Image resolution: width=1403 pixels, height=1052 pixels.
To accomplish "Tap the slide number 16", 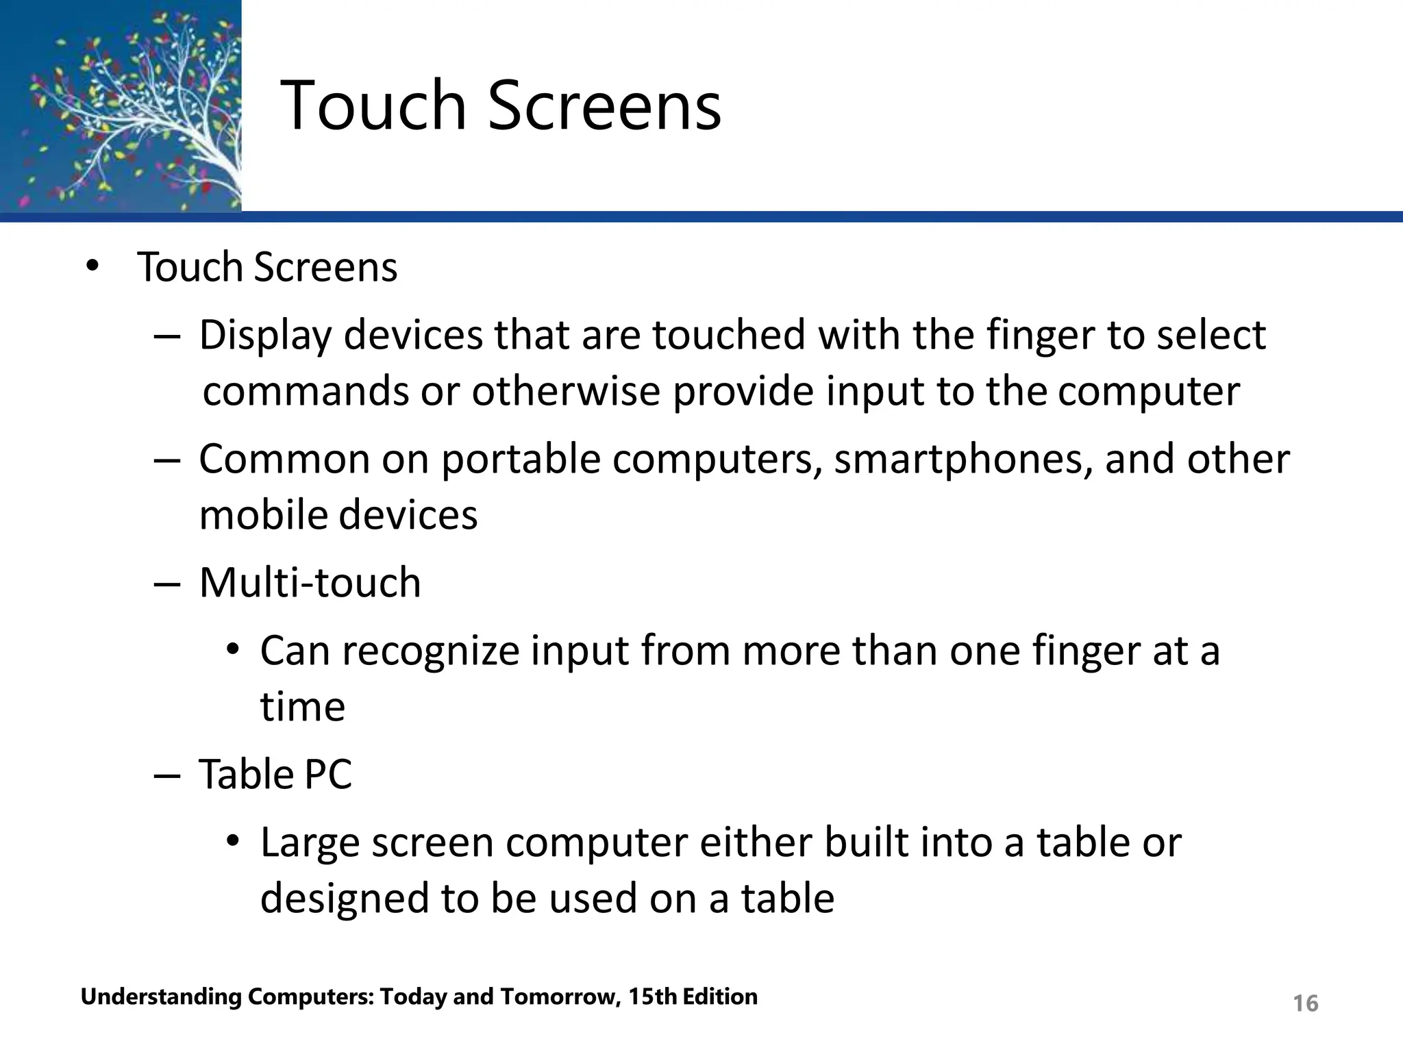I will [x=1305, y=1003].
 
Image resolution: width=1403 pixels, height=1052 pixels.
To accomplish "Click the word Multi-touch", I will [x=310, y=583].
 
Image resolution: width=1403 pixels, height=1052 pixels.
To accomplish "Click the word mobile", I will [x=263, y=515].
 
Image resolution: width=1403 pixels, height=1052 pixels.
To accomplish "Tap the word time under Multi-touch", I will [x=302, y=707].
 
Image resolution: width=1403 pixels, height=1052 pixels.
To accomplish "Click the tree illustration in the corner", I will [x=121, y=105].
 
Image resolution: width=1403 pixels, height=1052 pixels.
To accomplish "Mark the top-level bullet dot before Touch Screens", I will [x=92, y=267].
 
